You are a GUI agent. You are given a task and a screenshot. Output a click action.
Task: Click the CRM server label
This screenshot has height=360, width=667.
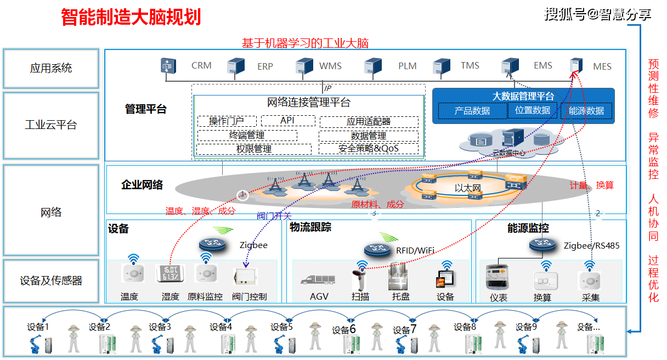click(201, 66)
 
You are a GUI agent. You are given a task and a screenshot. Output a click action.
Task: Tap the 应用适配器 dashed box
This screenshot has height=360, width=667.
click(369, 122)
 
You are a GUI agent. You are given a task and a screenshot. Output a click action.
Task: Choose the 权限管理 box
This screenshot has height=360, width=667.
click(254, 149)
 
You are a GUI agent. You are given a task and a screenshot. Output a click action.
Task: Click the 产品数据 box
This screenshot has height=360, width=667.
click(472, 110)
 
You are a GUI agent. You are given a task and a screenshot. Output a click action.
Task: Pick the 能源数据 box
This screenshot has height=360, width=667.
click(586, 110)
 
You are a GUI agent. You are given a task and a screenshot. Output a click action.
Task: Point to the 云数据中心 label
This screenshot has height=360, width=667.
click(508, 153)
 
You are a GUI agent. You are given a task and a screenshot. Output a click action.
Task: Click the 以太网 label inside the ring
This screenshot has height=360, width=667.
click(467, 188)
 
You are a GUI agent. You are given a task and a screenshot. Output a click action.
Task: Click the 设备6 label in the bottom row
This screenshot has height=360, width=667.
click(344, 330)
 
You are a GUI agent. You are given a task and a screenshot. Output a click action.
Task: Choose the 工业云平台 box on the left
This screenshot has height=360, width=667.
click(51, 125)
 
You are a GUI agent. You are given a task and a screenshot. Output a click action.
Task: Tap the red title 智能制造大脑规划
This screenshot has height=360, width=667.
click(131, 17)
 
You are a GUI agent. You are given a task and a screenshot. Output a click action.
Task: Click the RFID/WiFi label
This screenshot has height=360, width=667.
click(415, 251)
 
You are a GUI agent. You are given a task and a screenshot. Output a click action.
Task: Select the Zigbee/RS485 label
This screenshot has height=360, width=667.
click(591, 246)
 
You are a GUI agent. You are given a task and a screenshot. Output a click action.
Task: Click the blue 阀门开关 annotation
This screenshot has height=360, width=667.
click(274, 216)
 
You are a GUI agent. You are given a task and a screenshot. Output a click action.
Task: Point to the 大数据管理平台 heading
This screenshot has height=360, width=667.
click(523, 96)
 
